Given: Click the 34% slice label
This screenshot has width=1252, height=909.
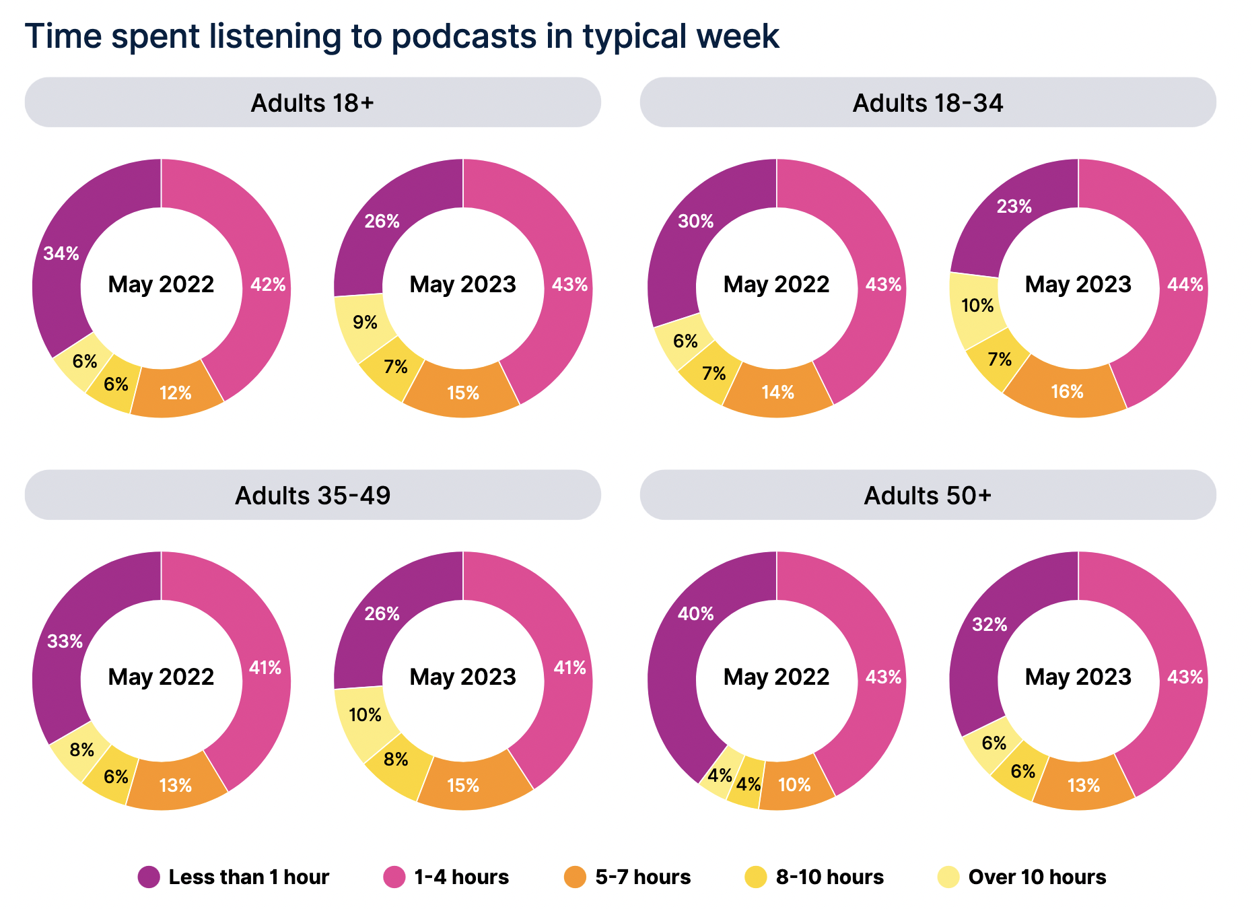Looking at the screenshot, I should pos(61,254).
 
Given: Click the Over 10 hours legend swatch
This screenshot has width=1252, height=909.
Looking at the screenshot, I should pos(948,877).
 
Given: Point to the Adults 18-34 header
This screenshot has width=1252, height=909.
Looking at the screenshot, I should pos(928,103).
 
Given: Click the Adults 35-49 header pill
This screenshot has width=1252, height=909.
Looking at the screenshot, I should pos(312,496).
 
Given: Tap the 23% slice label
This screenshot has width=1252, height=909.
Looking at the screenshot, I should pos(1014,206).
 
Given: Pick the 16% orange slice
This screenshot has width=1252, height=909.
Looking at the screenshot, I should pos(1067,391).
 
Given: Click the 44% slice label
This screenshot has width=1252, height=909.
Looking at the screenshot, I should pos(1185,285).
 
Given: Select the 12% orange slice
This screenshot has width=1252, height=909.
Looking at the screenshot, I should pos(176,393).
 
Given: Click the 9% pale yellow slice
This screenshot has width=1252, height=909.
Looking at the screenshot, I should pos(364,323).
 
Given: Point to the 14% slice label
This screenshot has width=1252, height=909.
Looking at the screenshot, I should pos(777,392).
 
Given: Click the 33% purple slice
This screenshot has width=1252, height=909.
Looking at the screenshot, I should pos(61,646).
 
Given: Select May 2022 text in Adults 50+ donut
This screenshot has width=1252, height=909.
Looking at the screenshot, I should pos(776,677).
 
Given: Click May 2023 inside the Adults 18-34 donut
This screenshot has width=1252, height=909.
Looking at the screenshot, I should pos(1078,284).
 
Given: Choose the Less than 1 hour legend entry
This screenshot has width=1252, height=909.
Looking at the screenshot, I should pos(234,877).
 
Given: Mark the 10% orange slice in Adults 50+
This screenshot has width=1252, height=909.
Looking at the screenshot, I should pos(794,784).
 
